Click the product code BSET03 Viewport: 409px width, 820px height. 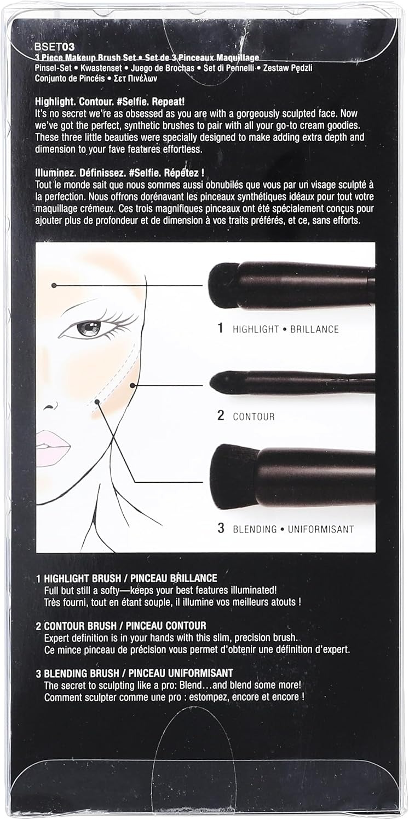pyautogui.click(x=55, y=47)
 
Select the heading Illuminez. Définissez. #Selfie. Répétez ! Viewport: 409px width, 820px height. pyautogui.click(x=119, y=172)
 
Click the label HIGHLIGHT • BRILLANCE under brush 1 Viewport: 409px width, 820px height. pyautogui.click(x=285, y=329)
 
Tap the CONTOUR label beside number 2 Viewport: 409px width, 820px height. pyautogui.click(x=254, y=417)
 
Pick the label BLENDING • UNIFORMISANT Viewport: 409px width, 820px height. pyautogui.click(x=293, y=529)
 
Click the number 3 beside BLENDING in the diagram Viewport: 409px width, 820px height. pyautogui.click(x=221, y=528)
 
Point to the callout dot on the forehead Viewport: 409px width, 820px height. pyautogui.click(x=54, y=285)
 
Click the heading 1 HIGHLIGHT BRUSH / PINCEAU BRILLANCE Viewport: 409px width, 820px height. pyautogui.click(x=126, y=578)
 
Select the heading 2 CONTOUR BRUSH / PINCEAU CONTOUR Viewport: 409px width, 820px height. pyautogui.click(x=121, y=625)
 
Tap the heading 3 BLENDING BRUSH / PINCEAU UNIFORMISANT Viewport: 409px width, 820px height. pyautogui.click(x=134, y=673)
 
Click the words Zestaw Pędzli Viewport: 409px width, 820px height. pyautogui.click(x=288, y=68)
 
